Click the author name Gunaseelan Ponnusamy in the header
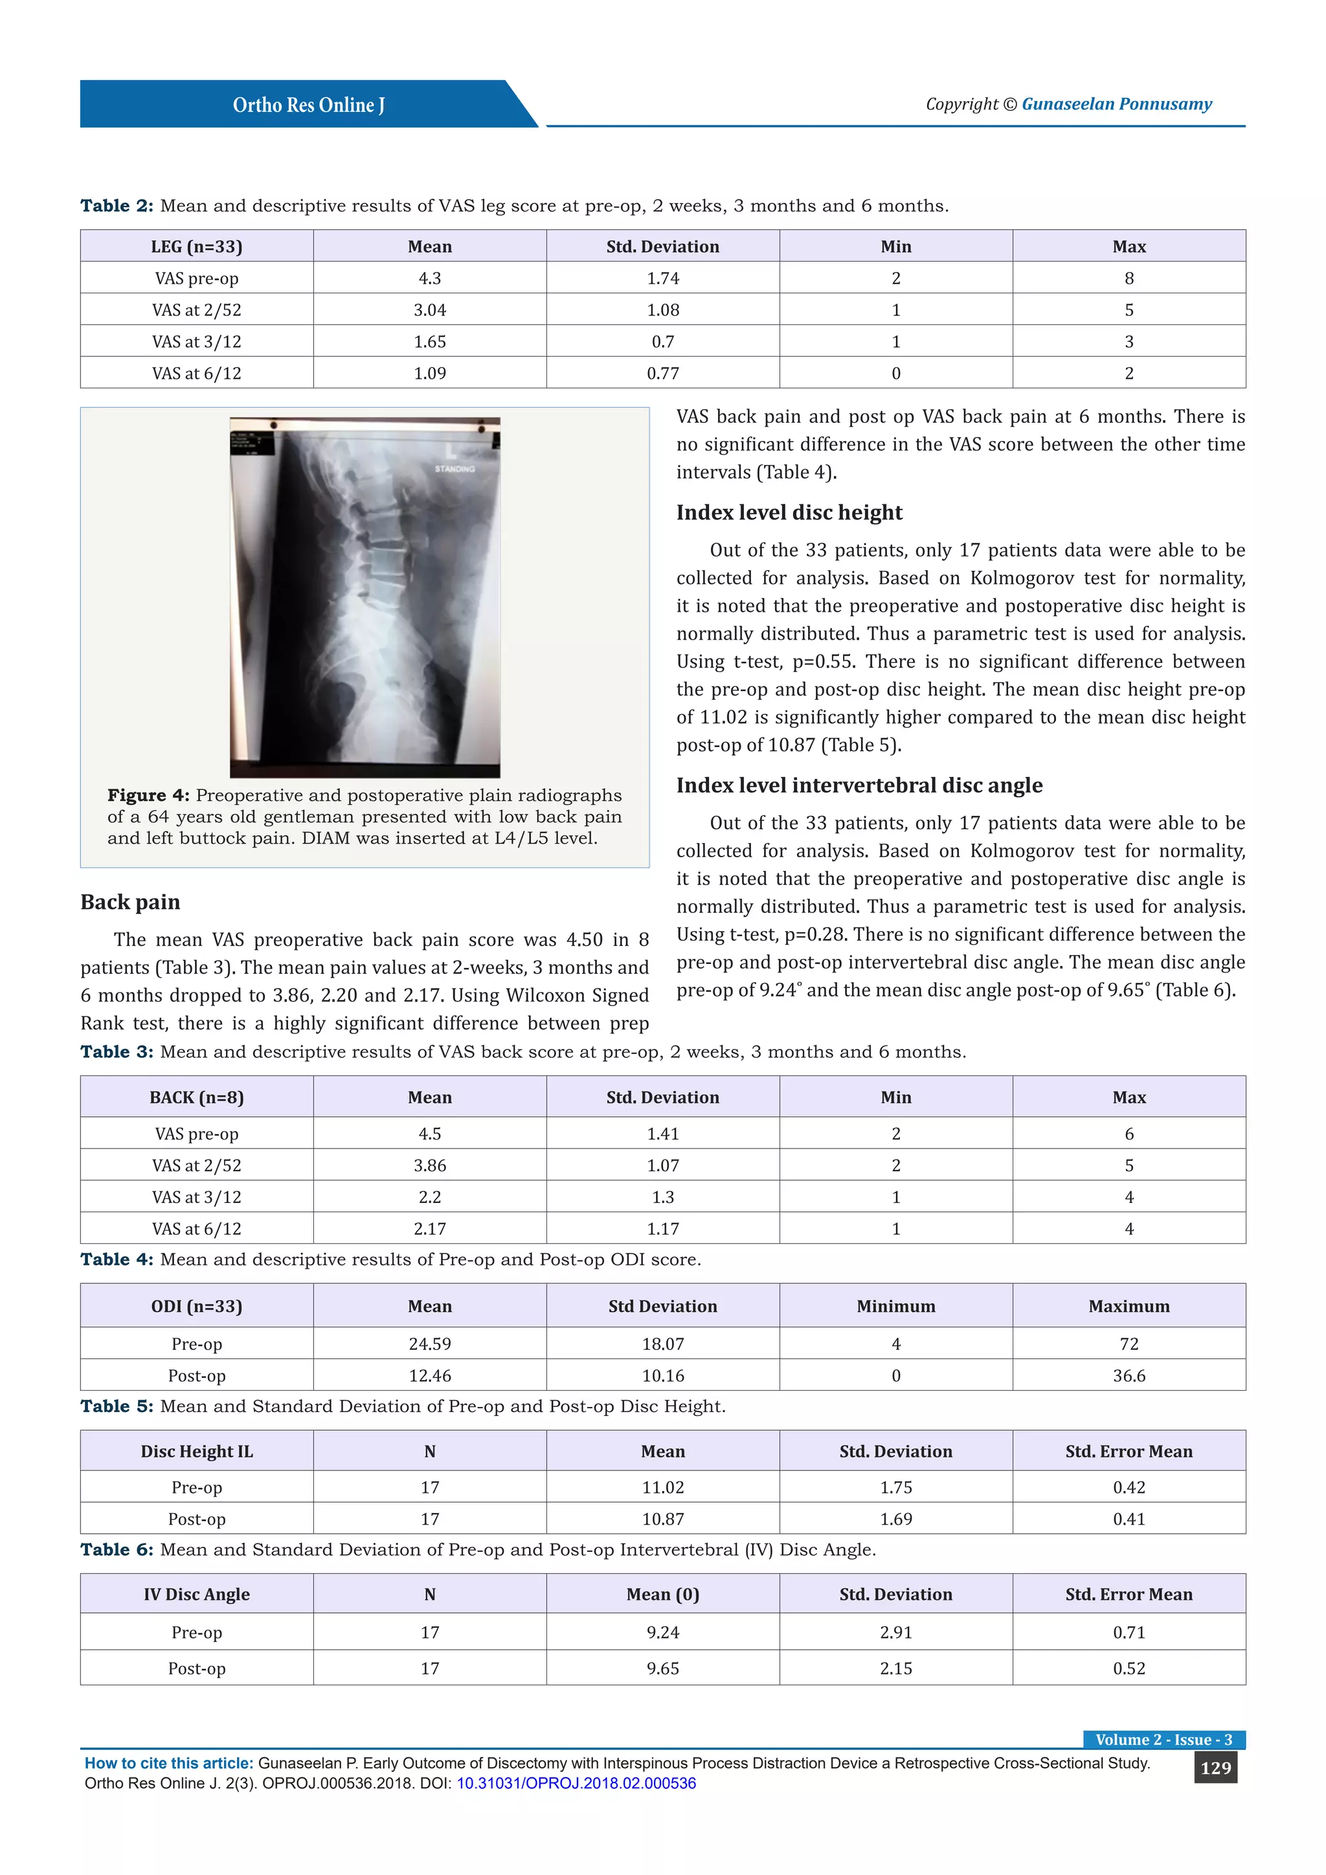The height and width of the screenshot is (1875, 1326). coord(1116,104)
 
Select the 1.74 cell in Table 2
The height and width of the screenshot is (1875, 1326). coord(662,278)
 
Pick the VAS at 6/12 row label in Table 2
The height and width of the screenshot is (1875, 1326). coord(197,373)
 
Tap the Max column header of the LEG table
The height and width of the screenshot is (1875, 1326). coord(1129,247)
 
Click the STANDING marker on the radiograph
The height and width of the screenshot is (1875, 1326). coord(454,469)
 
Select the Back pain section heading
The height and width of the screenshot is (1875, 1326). coord(131,902)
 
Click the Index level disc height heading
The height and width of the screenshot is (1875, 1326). coord(789,512)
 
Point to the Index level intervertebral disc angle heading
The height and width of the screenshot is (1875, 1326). coord(859,785)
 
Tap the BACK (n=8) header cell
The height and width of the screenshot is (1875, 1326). coord(197,1097)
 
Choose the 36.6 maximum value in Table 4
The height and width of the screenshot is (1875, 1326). coord(1129,1375)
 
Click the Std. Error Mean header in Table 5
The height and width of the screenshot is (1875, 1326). coord(1129,1451)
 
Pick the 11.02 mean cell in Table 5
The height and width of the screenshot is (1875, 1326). coord(662,1487)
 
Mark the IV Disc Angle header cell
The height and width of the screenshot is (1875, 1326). coord(197,1594)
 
